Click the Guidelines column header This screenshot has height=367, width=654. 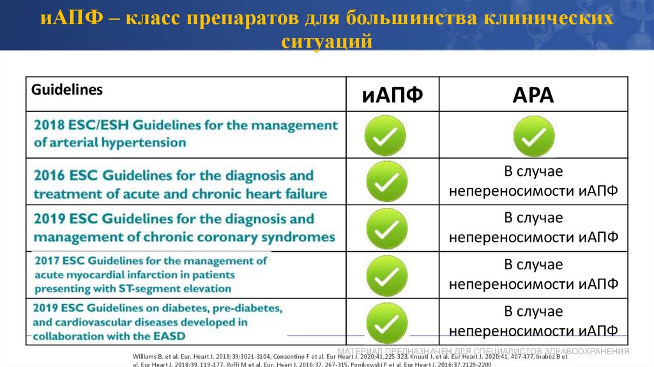67,90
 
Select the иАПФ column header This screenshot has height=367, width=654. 392,96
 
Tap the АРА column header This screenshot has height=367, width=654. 533,95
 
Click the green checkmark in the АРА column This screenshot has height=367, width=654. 534,136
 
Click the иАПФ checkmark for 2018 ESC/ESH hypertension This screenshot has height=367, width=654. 385,136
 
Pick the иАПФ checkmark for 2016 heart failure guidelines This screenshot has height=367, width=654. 386,182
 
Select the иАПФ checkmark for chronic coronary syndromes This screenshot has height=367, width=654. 386,228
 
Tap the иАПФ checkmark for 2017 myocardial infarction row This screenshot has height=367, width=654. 386,276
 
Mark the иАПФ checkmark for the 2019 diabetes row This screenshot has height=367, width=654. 386,322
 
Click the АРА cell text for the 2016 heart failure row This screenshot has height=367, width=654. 533,182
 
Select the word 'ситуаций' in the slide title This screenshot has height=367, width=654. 326,42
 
